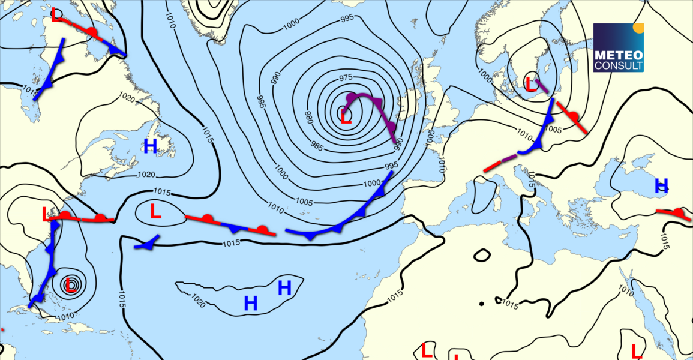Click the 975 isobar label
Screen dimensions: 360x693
pyautogui.click(x=346, y=77)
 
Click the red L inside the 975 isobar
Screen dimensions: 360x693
pyautogui.click(x=346, y=116)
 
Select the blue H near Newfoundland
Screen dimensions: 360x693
pyautogui.click(x=150, y=146)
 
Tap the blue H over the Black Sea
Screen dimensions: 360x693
pyautogui.click(x=661, y=185)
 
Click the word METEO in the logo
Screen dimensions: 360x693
pyautogui.click(x=618, y=55)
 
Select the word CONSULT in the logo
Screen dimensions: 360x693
pyautogui.click(x=618, y=65)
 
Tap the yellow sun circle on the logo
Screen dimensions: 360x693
pyautogui.click(x=638, y=27)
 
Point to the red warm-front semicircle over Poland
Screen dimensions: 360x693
pyautogui.click(x=574, y=116)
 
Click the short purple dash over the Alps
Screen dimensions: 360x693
pyautogui.click(x=509, y=158)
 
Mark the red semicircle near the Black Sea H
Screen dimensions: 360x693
pyautogui.click(x=679, y=212)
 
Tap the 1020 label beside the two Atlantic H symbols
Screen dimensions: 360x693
pyautogui.click(x=199, y=300)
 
